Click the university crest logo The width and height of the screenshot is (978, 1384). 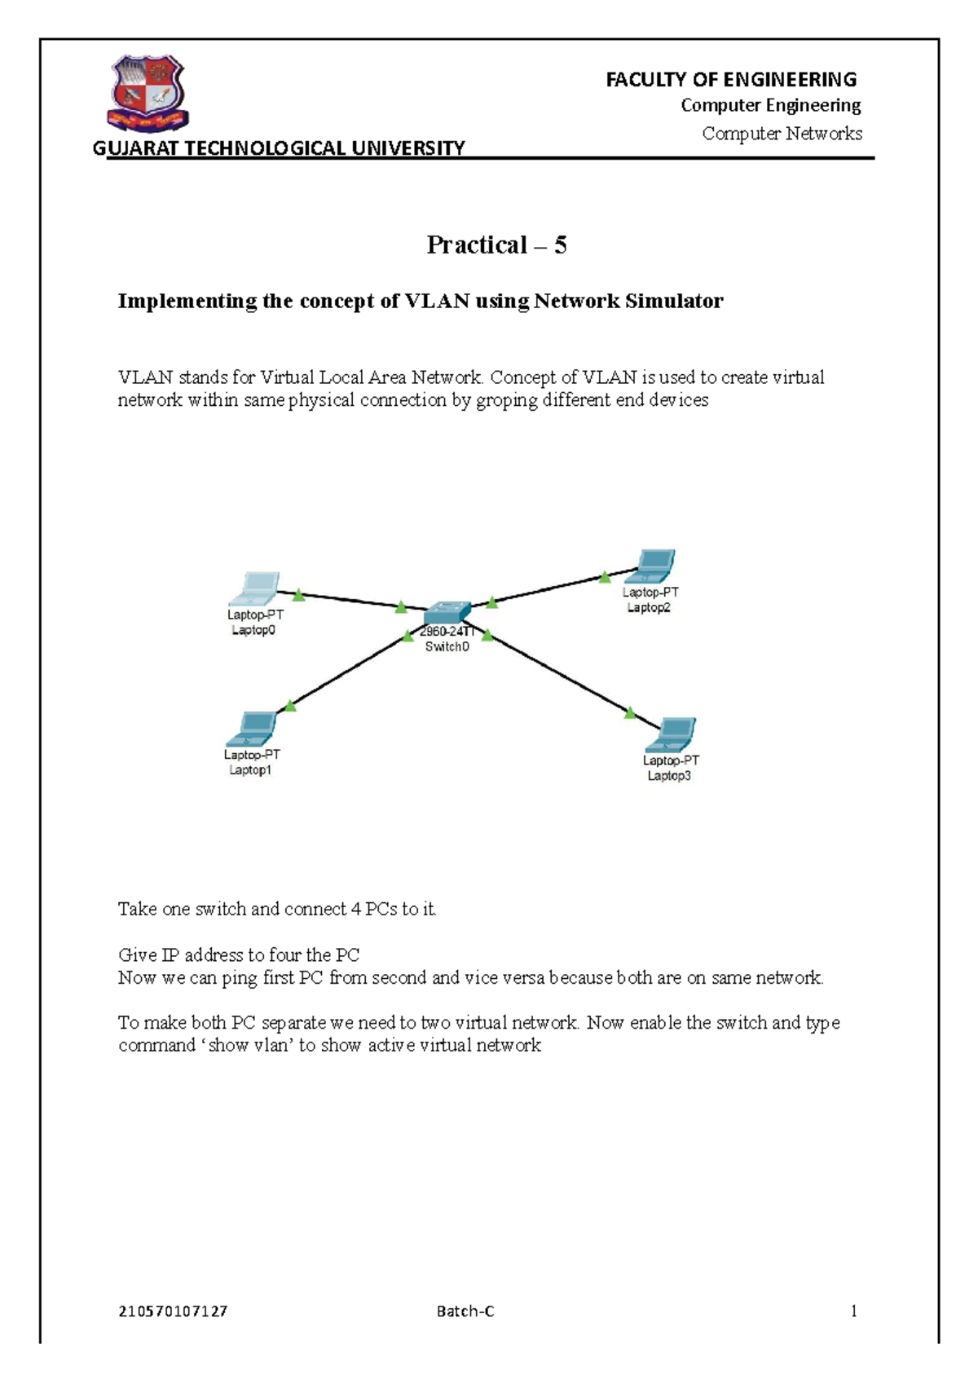[x=148, y=93]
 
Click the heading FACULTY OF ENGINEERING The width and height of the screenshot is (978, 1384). [x=731, y=79]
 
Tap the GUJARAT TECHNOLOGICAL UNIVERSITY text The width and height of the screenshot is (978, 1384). [x=279, y=148]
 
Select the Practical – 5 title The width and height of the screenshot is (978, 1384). [x=496, y=245]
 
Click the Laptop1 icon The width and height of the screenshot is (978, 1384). [x=253, y=729]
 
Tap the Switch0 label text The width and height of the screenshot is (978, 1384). [x=447, y=647]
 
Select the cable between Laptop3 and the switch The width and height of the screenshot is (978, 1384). [x=562, y=676]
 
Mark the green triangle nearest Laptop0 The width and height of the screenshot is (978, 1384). [x=299, y=596]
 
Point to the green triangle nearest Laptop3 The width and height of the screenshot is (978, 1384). [x=630, y=713]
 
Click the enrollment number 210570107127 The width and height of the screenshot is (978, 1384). [x=173, y=1311]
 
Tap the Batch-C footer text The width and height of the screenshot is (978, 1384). [x=465, y=1311]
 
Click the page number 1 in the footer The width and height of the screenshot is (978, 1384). [x=853, y=1311]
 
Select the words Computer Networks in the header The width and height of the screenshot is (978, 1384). [x=782, y=133]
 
